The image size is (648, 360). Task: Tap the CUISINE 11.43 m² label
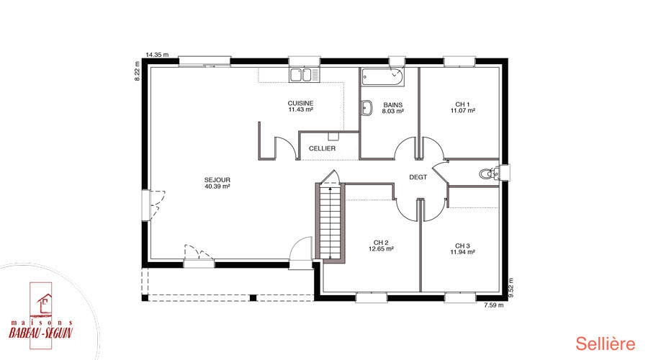[x=300, y=107]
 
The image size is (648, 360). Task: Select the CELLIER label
[x=323, y=148]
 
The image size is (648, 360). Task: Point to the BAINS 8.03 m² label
[x=392, y=108]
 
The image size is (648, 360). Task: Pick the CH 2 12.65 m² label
[x=381, y=246]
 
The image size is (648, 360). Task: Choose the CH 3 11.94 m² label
[x=462, y=248]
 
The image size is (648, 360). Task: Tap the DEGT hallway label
[x=418, y=177]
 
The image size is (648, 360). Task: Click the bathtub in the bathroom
[x=383, y=77]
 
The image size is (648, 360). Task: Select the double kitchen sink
[x=304, y=75]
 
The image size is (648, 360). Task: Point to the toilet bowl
[x=487, y=174]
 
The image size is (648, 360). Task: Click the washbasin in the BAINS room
[x=366, y=107]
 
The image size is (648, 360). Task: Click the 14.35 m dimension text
[x=158, y=55]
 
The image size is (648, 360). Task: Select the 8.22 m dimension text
[x=138, y=71]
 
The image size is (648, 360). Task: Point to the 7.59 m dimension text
[x=494, y=305]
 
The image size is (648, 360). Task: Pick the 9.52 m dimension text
[x=511, y=288]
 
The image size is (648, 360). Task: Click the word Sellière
[x=606, y=343]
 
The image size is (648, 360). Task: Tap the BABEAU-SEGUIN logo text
[x=40, y=333]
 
